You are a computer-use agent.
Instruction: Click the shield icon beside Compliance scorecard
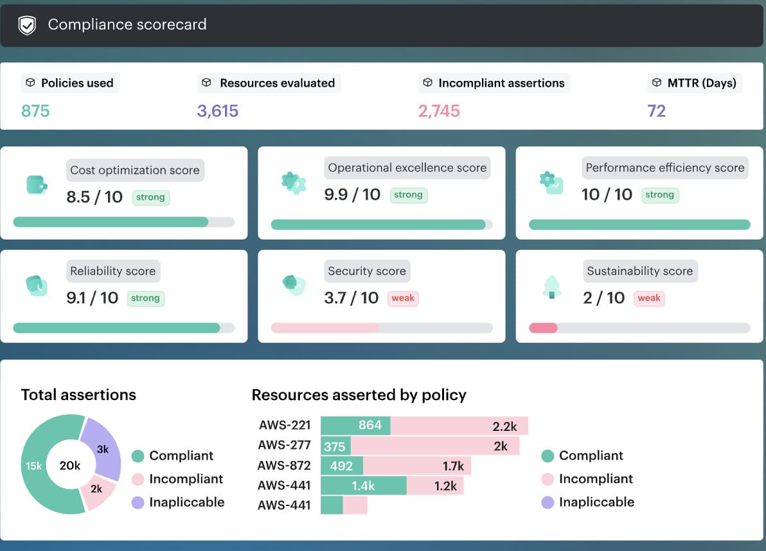[27, 26]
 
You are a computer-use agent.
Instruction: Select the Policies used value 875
[35, 111]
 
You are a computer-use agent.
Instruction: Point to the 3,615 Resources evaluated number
[218, 111]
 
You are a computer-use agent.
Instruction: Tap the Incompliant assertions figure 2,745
[439, 111]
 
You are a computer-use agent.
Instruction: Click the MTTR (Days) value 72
[656, 111]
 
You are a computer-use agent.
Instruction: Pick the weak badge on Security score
[403, 298]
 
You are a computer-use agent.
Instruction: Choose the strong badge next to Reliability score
[145, 298]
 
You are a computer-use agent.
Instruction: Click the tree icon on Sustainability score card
[551, 286]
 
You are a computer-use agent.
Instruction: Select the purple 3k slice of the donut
[103, 449]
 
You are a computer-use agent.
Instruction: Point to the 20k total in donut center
[70, 466]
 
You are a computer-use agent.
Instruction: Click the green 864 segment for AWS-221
[356, 426]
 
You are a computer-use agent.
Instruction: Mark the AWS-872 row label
[284, 466]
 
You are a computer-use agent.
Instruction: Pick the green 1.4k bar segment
[364, 485]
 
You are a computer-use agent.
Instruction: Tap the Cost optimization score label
[135, 170]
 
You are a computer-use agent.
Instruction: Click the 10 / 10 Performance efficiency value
[607, 195]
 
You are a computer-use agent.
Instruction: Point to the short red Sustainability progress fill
[543, 328]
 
